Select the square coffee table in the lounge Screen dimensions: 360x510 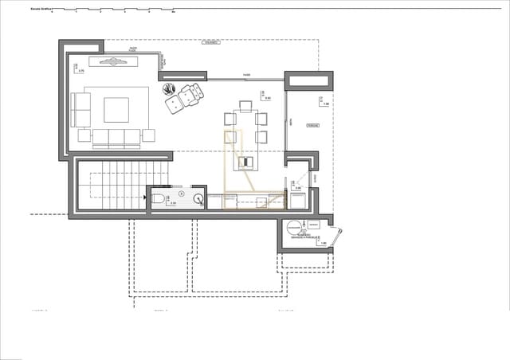(x=116, y=109)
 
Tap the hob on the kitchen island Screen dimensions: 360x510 (x=245, y=162)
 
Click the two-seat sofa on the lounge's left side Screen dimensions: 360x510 (x=80, y=110)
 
